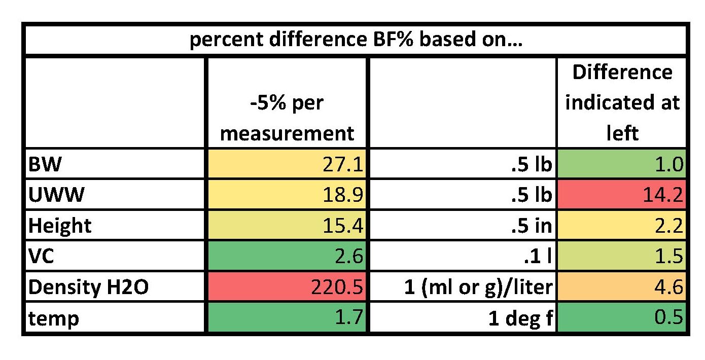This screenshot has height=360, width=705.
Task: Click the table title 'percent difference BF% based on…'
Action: click(x=356, y=40)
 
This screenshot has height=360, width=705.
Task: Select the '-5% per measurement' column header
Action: click(x=287, y=118)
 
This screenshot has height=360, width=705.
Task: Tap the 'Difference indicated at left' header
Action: click(x=622, y=103)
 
